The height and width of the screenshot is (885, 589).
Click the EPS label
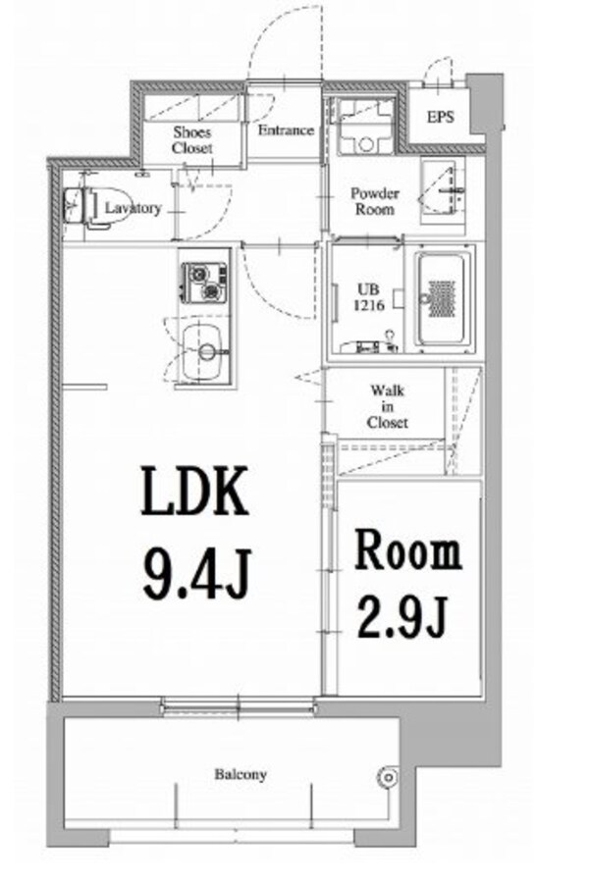coord(440,118)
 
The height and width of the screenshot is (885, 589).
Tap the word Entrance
coord(286,130)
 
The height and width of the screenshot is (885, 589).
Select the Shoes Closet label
coord(192,140)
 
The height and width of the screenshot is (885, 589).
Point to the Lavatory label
coord(134,208)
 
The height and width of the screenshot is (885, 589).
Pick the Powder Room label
coord(374,201)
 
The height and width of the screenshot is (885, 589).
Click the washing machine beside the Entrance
coord(365,127)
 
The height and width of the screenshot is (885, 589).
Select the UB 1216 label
coord(369,297)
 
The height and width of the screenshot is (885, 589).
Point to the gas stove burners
coord(204,283)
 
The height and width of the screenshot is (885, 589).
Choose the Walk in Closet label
coord(388,406)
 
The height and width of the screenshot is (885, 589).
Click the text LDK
coord(194,491)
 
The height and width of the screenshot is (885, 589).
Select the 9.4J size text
coord(196,573)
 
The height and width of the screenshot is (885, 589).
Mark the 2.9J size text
coord(402,617)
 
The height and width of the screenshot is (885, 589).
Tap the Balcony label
coord(240,774)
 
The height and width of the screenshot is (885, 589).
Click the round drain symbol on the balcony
coord(389,777)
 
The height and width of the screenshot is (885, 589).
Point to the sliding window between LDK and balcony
coord(238,705)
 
